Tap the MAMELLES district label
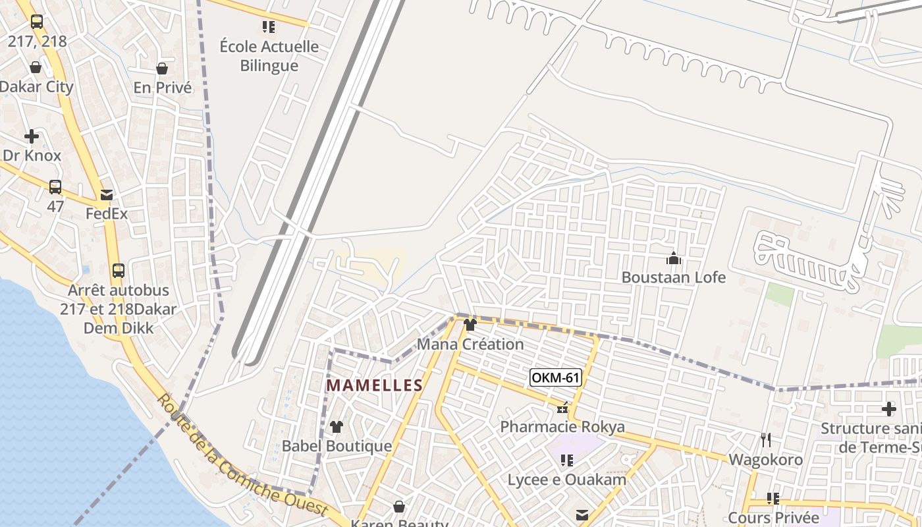(x=375, y=385)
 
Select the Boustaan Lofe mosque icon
(x=673, y=259)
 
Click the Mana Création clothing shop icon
(x=470, y=325)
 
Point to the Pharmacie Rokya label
(x=562, y=427)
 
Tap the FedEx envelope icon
(x=107, y=195)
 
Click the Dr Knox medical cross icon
(x=32, y=137)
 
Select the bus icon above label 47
(x=55, y=187)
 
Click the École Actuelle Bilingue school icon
(x=268, y=27)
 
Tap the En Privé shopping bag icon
(x=162, y=69)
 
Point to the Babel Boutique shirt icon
(x=337, y=427)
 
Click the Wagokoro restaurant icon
(x=765, y=439)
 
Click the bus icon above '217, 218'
(x=37, y=22)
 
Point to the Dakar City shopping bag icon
(x=36, y=67)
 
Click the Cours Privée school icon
(x=773, y=499)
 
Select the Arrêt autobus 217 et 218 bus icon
(x=119, y=271)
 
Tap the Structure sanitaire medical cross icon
(x=889, y=409)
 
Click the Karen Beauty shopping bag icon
(x=399, y=507)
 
